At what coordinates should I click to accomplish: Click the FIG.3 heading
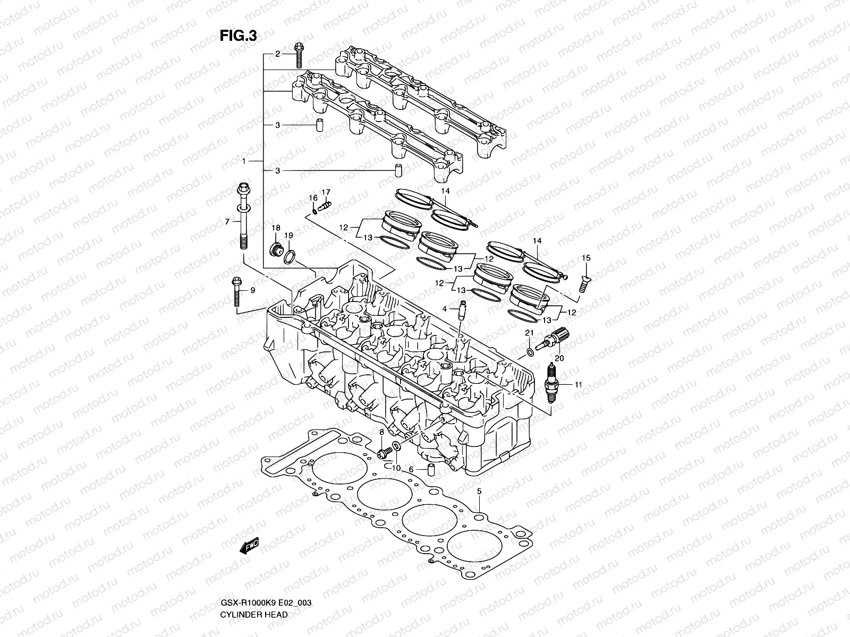(x=239, y=36)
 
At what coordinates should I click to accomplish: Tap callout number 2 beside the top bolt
(x=277, y=54)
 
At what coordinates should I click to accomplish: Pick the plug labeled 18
(x=276, y=249)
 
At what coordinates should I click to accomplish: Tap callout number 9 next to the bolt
(x=252, y=290)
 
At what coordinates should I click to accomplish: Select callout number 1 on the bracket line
(x=243, y=160)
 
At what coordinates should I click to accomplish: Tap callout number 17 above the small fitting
(x=326, y=192)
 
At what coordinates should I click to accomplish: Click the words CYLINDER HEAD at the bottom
(x=253, y=614)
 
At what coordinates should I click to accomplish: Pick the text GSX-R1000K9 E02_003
(x=265, y=603)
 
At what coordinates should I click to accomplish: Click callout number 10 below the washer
(x=396, y=468)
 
